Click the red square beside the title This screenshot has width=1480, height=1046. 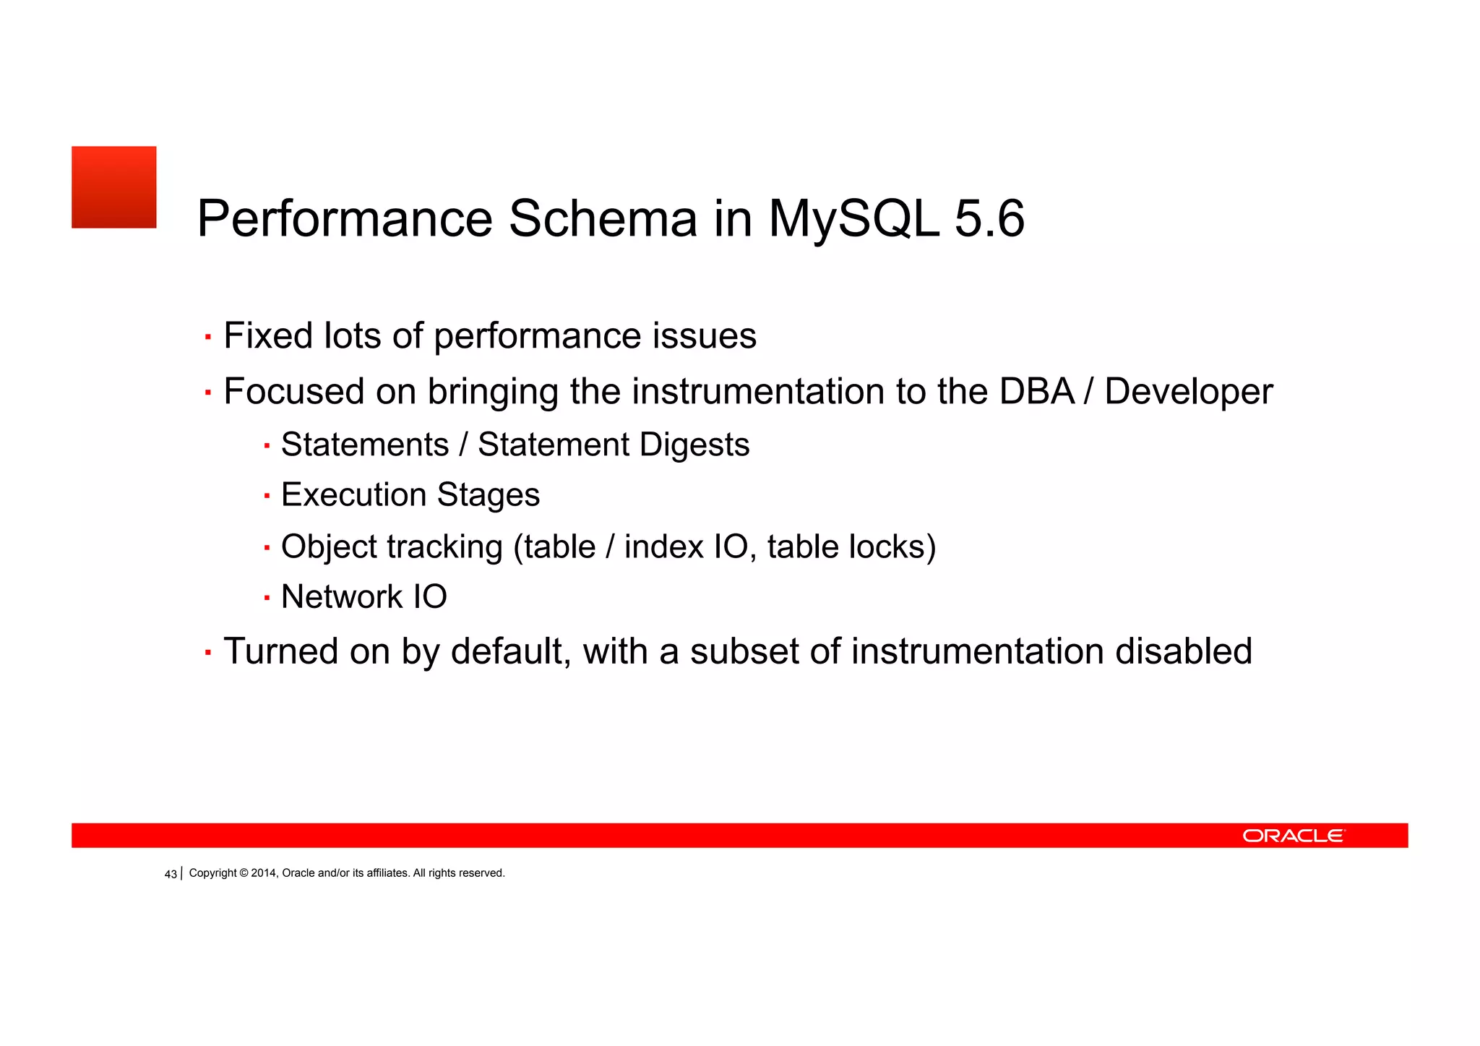pyautogui.click(x=113, y=187)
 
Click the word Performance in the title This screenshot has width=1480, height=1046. pyautogui.click(x=345, y=218)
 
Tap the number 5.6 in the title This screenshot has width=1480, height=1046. pyautogui.click(x=989, y=218)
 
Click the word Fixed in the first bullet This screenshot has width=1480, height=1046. pyautogui.click(x=267, y=335)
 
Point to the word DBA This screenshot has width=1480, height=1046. pyautogui.click(x=1037, y=391)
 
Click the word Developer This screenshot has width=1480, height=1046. pyautogui.click(x=1188, y=391)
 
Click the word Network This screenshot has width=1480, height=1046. pyautogui.click(x=341, y=597)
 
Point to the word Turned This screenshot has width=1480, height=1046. pyautogui.click(x=280, y=651)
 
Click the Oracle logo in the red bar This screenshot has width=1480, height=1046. pyautogui.click(x=1293, y=836)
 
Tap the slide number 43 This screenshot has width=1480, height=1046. pyautogui.click(x=171, y=874)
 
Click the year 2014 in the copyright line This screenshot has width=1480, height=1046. pyautogui.click(x=263, y=873)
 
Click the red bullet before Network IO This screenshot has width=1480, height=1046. pyautogui.click(x=267, y=598)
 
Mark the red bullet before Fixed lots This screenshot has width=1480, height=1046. pyautogui.click(x=208, y=337)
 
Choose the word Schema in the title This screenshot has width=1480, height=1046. pyautogui.click(x=603, y=218)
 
